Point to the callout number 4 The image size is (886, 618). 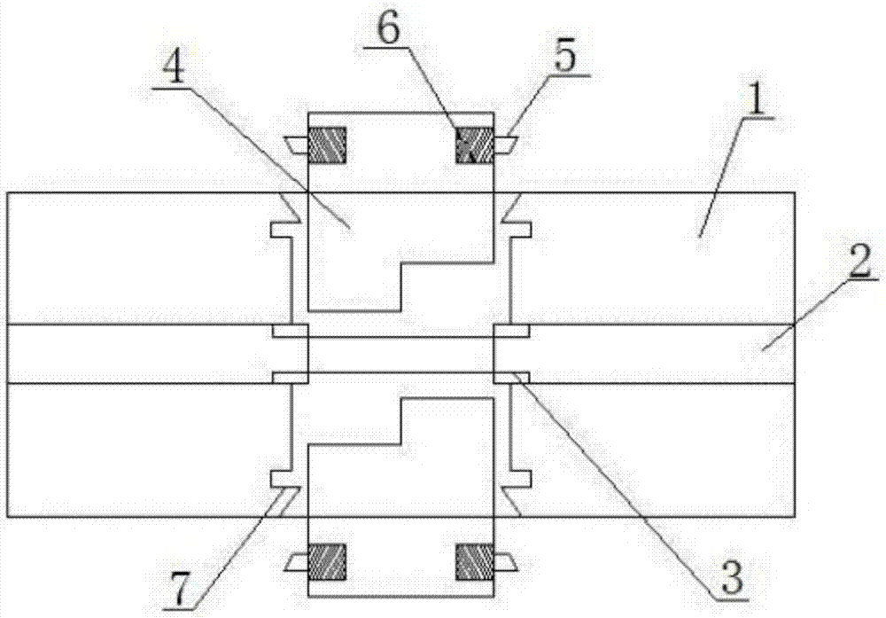tap(174, 66)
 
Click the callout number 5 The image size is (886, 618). tap(565, 52)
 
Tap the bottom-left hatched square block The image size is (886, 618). tap(327, 562)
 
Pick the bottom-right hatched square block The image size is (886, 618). tap(475, 562)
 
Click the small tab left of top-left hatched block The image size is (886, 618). tap(297, 145)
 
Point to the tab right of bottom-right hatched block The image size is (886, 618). tap(505, 563)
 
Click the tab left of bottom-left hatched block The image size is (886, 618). tap(297, 563)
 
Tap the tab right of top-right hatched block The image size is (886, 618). tap(505, 145)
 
